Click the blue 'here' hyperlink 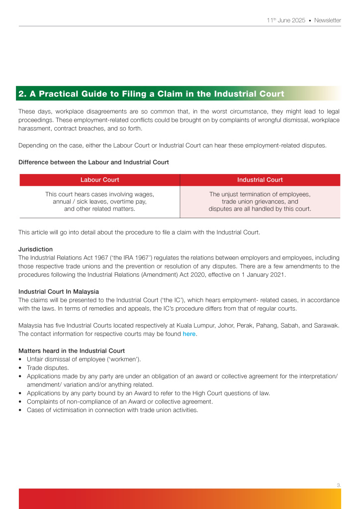189,334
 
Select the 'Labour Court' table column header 99,180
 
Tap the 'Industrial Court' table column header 260,180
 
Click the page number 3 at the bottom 339,484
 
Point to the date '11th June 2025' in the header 285,20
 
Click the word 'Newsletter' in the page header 328,20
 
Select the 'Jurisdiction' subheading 35,249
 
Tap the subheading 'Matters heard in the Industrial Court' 72,351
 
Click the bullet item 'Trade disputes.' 49,368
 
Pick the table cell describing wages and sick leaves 99,201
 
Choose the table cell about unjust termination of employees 260,201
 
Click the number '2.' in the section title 22,93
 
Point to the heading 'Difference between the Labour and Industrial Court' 93,162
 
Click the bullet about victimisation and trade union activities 112,410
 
